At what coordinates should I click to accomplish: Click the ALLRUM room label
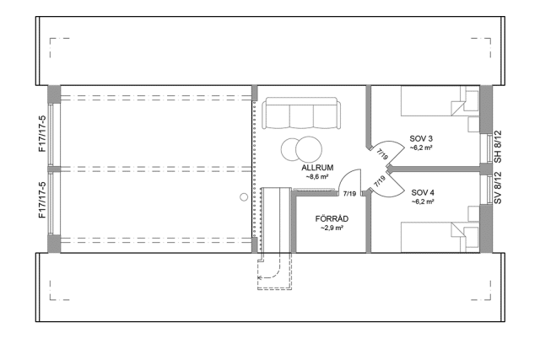point(317,168)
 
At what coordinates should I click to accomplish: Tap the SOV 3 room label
point(421,139)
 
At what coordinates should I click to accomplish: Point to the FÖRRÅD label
point(332,219)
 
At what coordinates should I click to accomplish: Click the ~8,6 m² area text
point(317,176)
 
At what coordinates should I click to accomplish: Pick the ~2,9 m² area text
point(332,228)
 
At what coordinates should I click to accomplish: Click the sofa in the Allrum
point(301,113)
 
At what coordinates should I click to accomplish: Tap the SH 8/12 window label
point(498,147)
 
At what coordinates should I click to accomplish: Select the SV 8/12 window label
point(498,188)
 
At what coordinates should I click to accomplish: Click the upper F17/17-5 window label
point(42,134)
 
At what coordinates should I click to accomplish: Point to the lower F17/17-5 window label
point(42,200)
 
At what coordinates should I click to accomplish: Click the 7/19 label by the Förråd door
point(349,194)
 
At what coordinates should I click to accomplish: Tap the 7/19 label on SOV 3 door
point(382,154)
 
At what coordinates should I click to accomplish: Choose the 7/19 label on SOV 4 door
point(380,181)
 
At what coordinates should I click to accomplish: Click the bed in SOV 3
point(440,100)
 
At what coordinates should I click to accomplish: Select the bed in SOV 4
point(440,237)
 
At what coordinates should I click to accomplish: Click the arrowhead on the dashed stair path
point(260,277)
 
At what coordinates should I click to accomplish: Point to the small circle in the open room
point(244,197)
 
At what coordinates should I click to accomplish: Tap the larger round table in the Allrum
point(309,149)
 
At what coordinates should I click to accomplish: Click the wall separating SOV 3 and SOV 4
point(435,169)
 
